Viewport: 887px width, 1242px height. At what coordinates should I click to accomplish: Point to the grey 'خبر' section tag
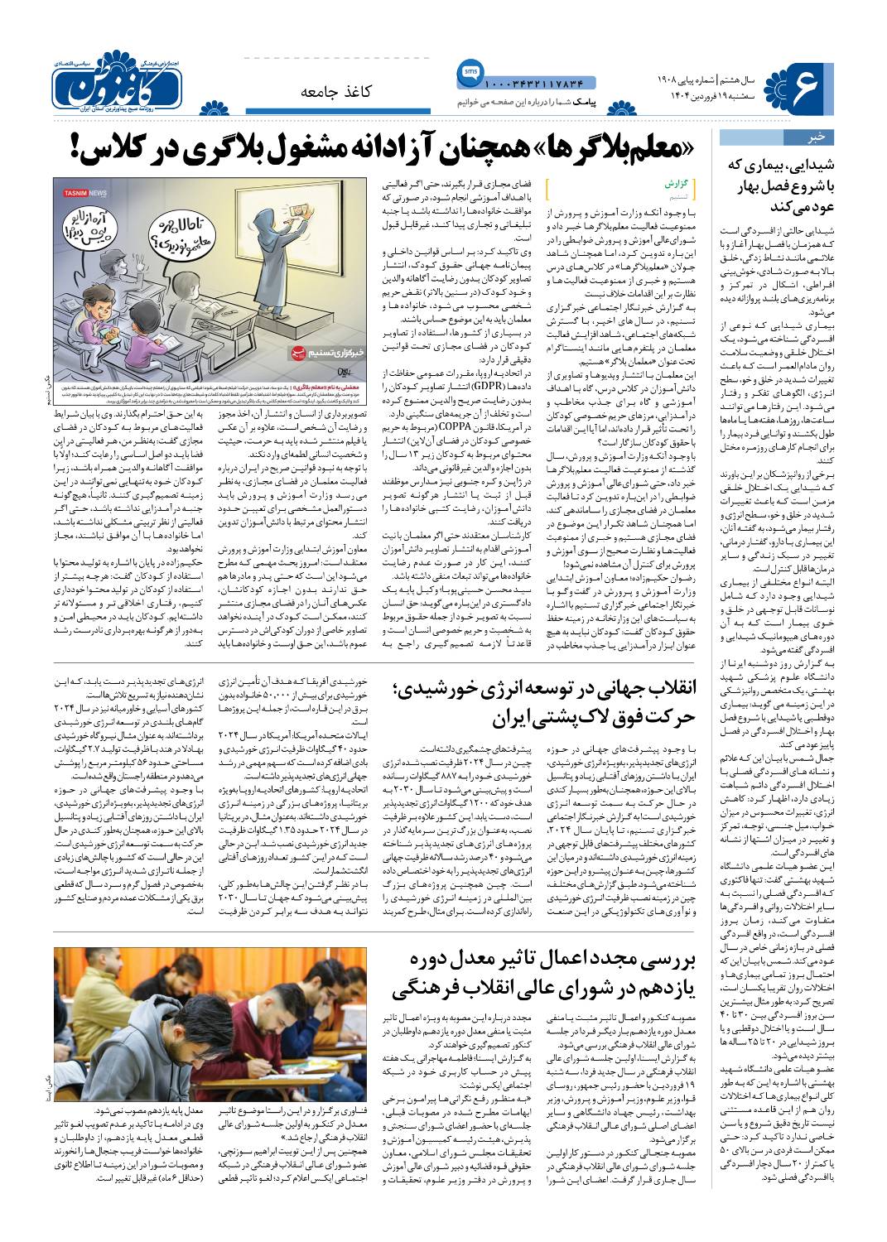tap(790, 137)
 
